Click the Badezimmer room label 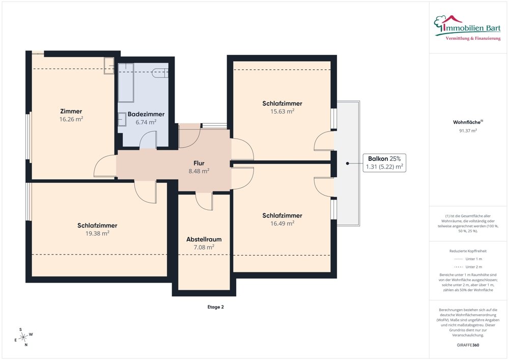(146, 114)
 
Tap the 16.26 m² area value (71, 119)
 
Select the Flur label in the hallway (199, 163)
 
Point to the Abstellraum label (204, 239)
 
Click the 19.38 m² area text (97, 233)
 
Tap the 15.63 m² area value (282, 112)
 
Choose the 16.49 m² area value (282, 224)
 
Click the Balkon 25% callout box (384, 162)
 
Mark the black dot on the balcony (347, 163)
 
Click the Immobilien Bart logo (467, 28)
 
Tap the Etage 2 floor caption (215, 307)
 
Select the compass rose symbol (23, 337)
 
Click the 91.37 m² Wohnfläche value (468, 131)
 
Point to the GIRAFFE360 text (468, 345)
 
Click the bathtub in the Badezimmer (126, 82)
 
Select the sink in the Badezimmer (122, 119)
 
